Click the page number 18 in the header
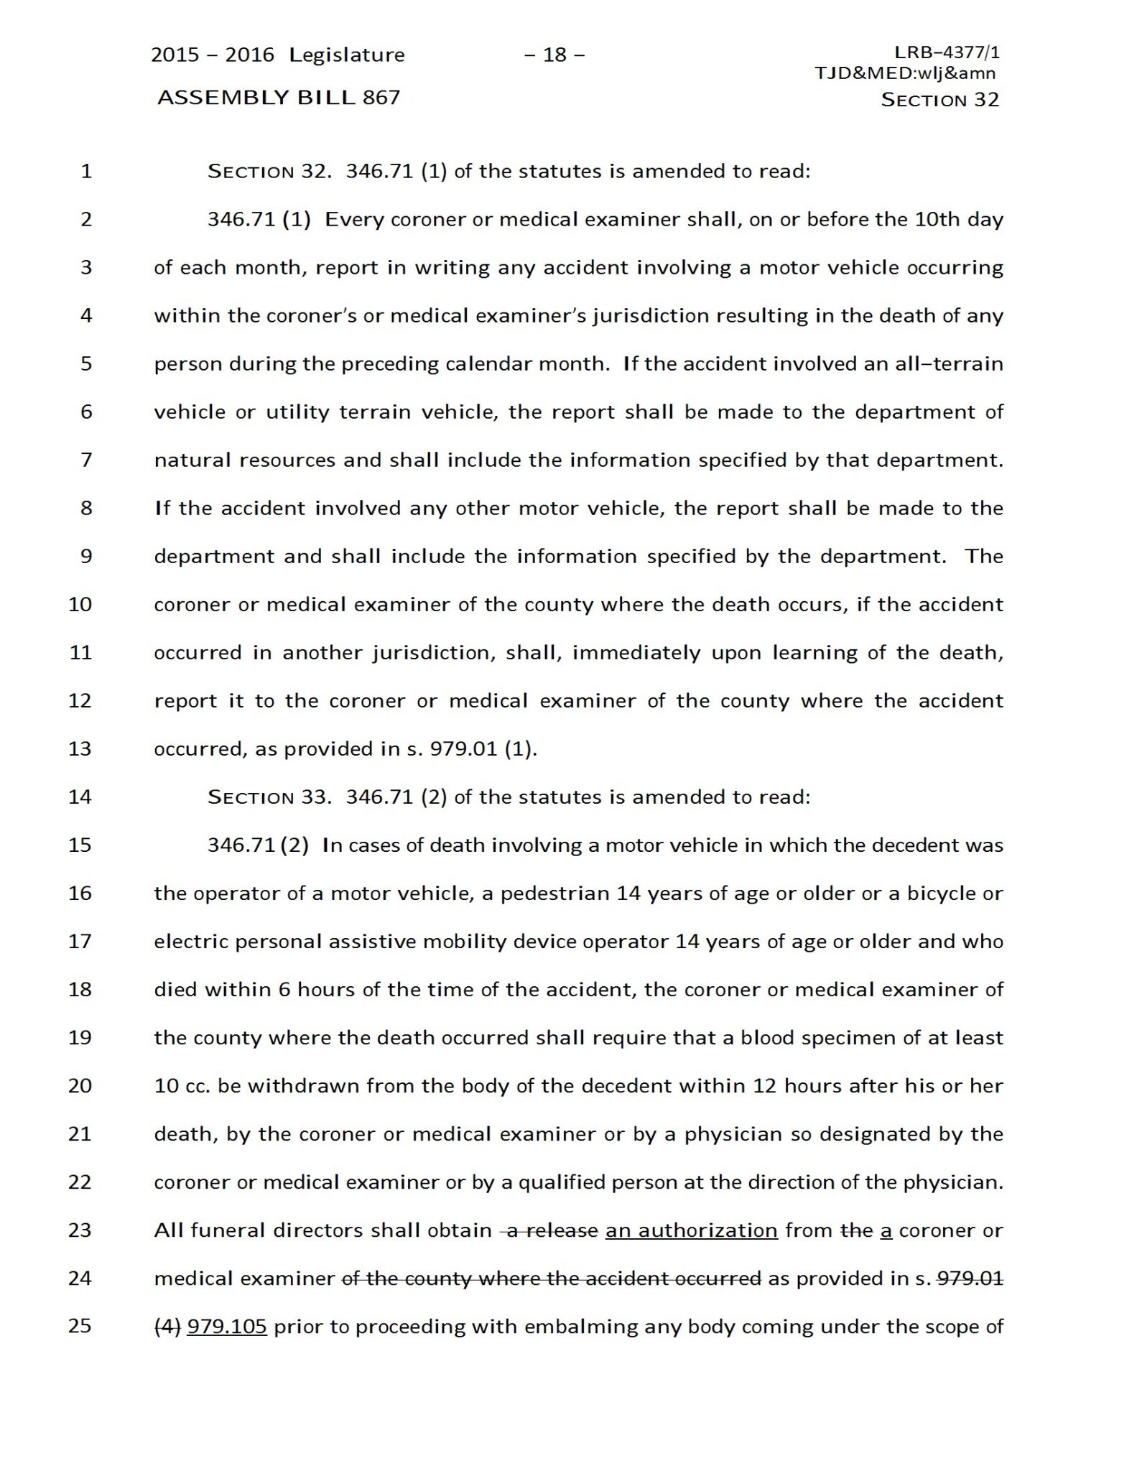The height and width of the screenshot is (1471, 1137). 554,55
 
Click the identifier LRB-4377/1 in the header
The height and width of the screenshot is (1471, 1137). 947,52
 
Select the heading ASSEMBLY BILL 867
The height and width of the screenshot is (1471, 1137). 279,98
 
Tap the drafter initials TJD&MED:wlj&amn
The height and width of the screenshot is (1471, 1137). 905,73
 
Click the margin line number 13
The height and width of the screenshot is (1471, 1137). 80,748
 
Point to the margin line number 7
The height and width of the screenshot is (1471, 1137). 86,460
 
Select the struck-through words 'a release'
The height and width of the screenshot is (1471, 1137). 552,1230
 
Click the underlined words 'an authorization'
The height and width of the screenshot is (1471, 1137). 691,1230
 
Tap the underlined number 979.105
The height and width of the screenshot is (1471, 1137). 227,1327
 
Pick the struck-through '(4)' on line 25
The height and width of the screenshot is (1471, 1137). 167,1327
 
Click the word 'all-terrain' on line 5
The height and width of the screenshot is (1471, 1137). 947,363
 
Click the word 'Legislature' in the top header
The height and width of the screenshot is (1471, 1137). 347,55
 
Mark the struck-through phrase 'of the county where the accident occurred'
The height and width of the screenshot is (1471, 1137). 551,1279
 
